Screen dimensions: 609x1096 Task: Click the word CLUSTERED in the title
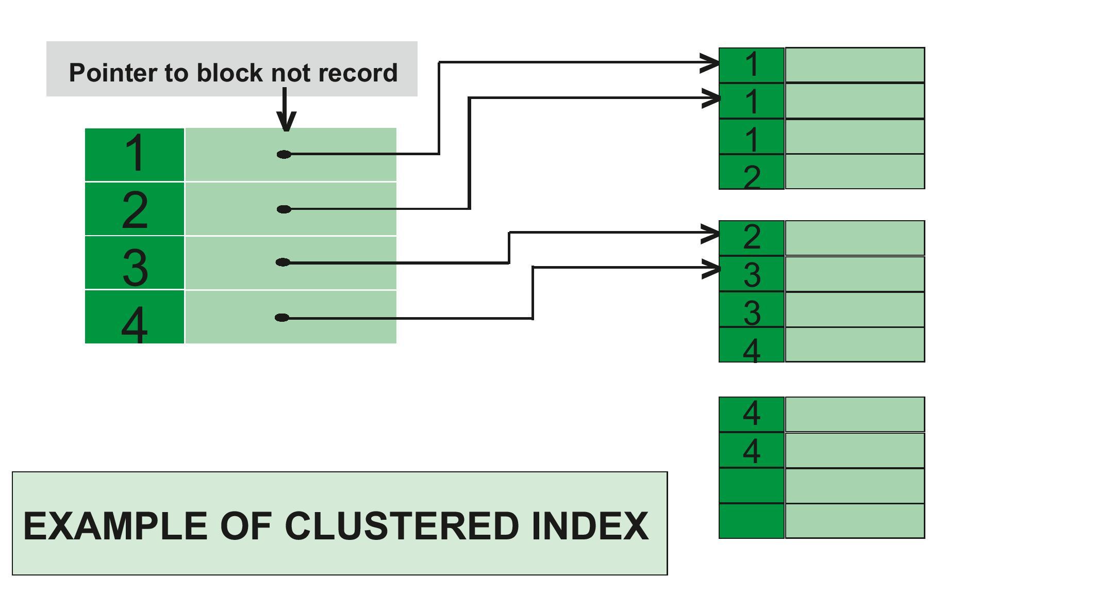coord(402,526)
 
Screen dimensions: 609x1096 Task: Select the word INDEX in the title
coord(590,526)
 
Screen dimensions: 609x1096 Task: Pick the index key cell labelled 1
coord(135,154)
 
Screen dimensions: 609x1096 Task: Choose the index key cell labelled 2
coord(135,209)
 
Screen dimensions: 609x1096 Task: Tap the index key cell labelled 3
coord(135,263)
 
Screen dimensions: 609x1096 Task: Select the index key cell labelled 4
coord(135,317)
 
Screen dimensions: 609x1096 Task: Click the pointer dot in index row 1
coord(284,154)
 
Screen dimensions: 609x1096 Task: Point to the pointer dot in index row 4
coord(282,318)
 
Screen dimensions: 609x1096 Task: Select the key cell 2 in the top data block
coord(752,172)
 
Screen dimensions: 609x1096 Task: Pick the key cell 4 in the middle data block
coord(752,345)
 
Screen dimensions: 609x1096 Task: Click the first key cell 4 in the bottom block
coord(752,414)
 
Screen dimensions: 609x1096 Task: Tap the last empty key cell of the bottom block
coord(752,521)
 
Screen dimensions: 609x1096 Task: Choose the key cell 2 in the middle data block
coord(752,238)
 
